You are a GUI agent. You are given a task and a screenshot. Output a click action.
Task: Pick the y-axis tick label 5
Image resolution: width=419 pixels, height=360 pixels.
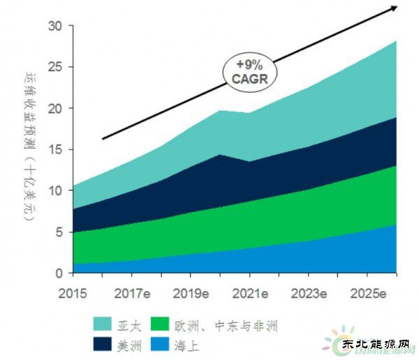click(59, 232)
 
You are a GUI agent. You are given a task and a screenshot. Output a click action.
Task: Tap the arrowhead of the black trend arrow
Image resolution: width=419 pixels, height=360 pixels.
click(394, 7)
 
